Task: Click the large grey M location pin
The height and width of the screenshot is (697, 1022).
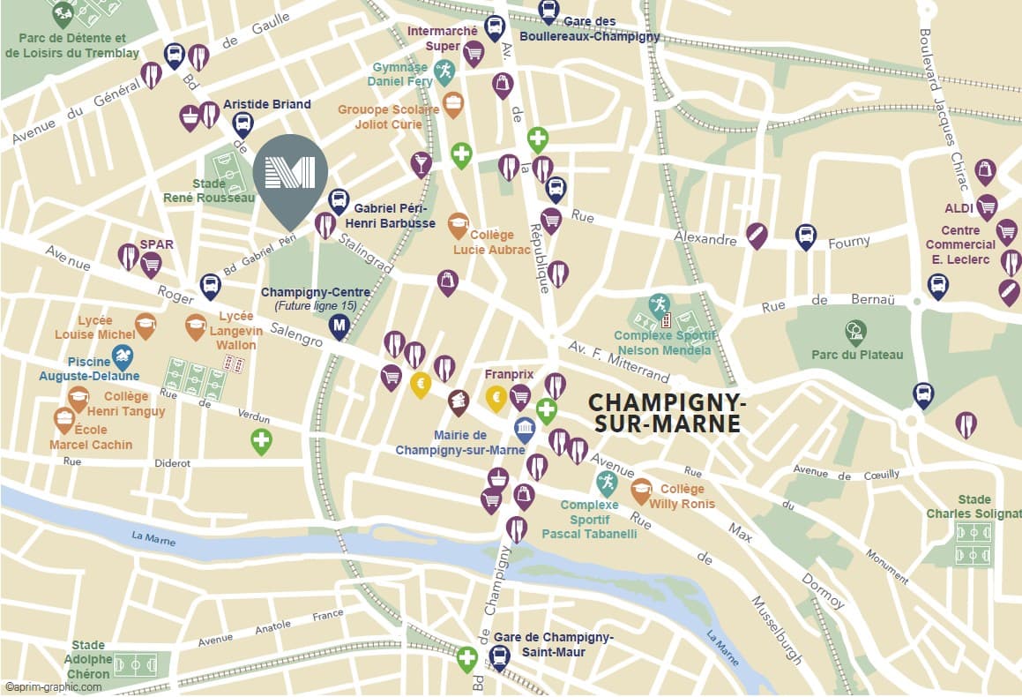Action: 290,173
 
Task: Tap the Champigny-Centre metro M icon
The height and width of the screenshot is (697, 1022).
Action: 339,326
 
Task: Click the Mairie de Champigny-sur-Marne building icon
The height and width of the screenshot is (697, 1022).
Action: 525,430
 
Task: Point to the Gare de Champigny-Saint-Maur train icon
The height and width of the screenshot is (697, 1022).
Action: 500,656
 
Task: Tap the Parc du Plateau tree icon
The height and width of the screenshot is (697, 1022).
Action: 855,331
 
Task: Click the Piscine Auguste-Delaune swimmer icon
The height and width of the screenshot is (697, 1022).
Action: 123,356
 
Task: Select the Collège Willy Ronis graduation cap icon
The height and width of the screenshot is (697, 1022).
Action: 641,490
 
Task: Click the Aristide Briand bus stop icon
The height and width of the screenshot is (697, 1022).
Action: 242,123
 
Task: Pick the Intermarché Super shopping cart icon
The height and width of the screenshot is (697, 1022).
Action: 474,53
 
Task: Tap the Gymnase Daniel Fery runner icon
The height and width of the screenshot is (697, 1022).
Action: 444,71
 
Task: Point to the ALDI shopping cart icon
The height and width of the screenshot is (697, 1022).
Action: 987,206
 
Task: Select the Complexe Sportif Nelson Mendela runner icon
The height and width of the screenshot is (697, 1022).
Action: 659,305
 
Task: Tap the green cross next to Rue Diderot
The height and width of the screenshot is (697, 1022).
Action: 261,440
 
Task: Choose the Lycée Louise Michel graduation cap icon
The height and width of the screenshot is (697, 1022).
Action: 145,325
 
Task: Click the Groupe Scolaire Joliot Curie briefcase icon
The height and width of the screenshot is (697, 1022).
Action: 452,104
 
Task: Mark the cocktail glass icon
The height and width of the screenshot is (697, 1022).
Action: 421,163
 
